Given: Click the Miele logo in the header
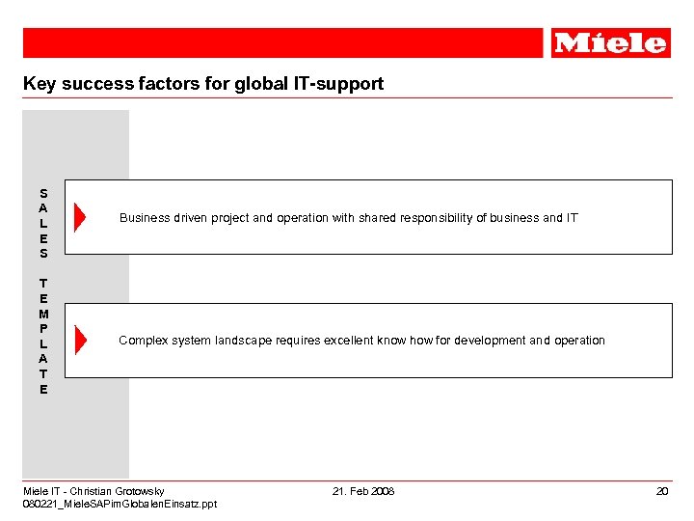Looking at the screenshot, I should tap(610, 42).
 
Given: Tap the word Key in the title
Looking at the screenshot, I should tap(40, 84).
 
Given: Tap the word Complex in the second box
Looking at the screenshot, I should tap(143, 341).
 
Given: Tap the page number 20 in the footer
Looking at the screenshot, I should tap(662, 492).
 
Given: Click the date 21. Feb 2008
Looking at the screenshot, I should tap(363, 492).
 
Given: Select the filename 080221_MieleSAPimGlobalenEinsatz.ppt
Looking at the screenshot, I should tap(120, 505).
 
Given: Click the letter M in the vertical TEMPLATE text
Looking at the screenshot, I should tap(43, 314).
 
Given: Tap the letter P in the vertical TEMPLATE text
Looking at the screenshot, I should tap(43, 329).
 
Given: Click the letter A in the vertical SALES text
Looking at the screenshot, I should tap(43, 207).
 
